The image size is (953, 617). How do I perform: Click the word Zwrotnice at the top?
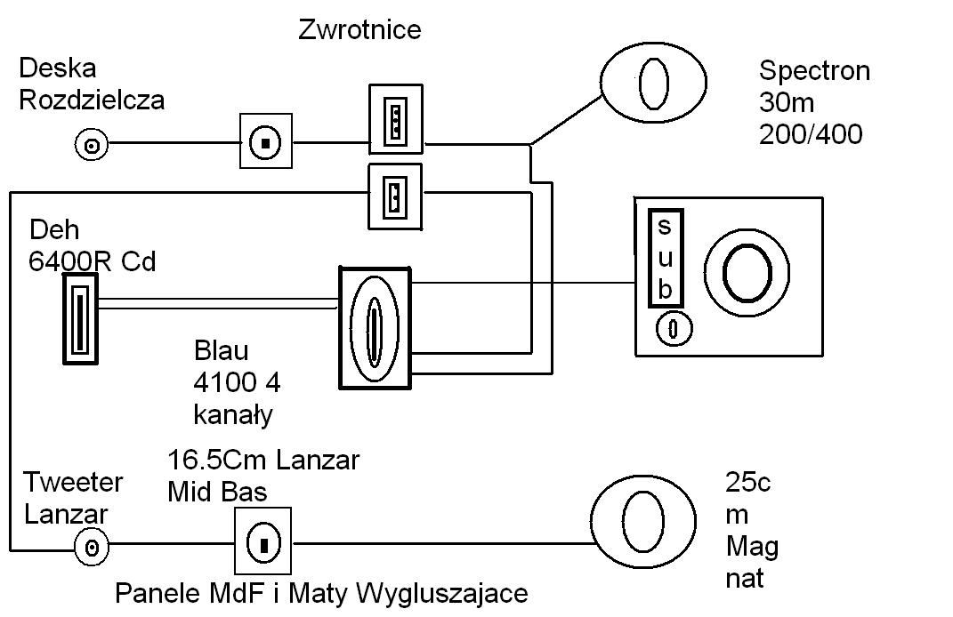(x=359, y=29)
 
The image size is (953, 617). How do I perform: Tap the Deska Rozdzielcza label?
(x=92, y=84)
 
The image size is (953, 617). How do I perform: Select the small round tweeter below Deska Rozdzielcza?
(x=91, y=143)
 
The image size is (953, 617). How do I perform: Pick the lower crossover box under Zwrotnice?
(x=395, y=196)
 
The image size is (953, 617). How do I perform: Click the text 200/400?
(x=811, y=135)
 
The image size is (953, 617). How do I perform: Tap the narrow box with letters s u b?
(x=665, y=259)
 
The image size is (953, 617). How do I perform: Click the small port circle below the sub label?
(x=674, y=329)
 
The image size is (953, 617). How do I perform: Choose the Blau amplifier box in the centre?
(x=376, y=326)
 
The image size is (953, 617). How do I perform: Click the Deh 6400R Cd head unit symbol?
(x=79, y=318)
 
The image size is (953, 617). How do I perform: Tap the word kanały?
(x=233, y=414)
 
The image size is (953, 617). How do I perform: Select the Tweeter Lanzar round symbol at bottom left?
(x=92, y=545)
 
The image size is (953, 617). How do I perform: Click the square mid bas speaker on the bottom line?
(x=263, y=542)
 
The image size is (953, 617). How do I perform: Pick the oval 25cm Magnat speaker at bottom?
(x=642, y=521)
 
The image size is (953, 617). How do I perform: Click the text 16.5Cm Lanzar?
(x=263, y=461)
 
